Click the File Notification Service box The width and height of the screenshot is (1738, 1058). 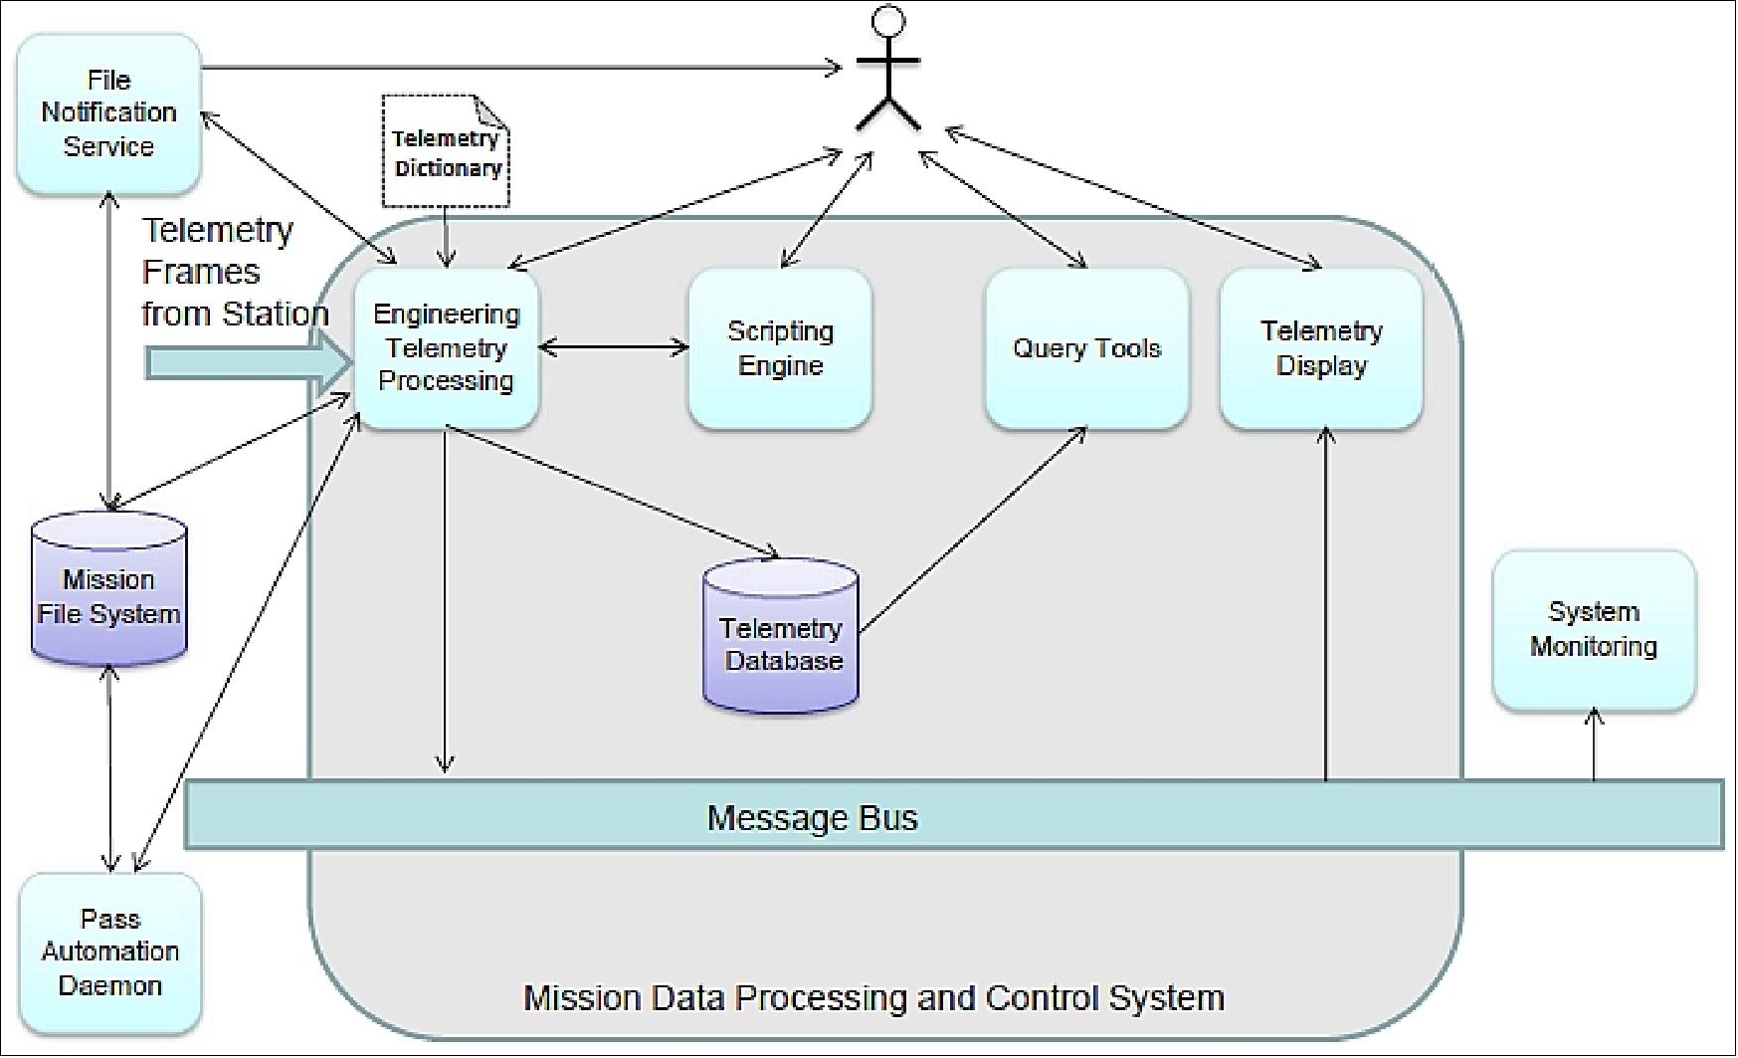[108, 113]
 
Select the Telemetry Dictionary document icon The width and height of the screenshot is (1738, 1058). [446, 151]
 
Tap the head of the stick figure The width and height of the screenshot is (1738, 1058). [887, 20]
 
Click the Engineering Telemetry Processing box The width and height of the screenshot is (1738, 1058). [446, 347]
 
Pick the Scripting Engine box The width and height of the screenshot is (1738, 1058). [780, 347]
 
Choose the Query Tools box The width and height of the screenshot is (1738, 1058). [1086, 347]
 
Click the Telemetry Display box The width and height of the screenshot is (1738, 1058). [1321, 347]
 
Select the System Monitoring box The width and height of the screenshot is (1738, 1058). [1594, 629]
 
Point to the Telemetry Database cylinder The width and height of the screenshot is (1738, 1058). [781, 637]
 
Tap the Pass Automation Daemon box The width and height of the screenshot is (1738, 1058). [109, 952]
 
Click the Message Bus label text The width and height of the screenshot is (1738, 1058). [812, 818]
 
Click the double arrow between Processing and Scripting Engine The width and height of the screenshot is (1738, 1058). [613, 347]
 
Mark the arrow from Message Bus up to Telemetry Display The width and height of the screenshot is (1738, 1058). [1325, 607]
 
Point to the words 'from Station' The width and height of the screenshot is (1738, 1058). [235, 314]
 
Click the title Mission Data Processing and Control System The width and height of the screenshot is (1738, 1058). [873, 997]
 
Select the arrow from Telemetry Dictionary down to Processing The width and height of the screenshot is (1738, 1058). [447, 237]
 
